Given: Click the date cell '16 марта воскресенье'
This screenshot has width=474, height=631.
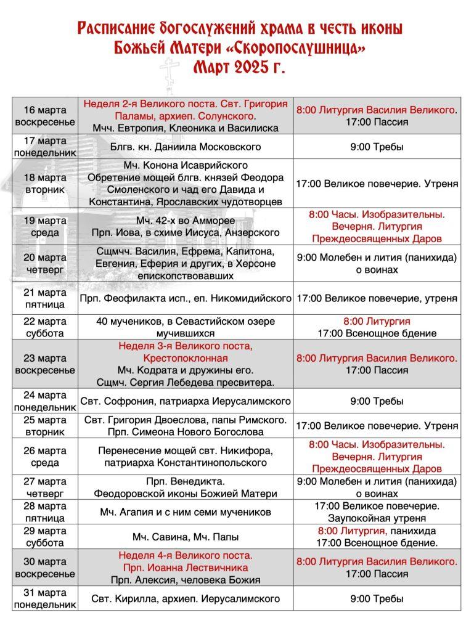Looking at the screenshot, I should point(45,115).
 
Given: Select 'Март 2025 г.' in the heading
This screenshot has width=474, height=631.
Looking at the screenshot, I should point(239,67).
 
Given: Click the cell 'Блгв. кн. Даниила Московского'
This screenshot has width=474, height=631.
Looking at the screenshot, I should point(185,147).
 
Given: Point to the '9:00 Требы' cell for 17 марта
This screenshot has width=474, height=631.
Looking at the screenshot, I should point(377,147).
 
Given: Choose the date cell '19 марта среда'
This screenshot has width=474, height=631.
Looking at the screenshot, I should point(45,226).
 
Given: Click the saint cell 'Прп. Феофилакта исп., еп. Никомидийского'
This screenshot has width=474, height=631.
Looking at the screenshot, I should point(185,298).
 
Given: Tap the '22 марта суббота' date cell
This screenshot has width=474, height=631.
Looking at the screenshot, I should point(45,327).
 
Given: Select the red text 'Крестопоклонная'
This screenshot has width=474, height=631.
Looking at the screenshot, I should point(185,358).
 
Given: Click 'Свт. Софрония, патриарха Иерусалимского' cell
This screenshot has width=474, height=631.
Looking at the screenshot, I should point(185,401).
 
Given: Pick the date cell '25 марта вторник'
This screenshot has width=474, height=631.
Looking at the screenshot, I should point(45,426).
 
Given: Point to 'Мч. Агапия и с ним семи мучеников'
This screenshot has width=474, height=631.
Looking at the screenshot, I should point(185,512).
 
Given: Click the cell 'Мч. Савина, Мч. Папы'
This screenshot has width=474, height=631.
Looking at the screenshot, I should point(185,537).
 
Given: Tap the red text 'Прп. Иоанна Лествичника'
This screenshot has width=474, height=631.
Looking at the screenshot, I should point(185,568).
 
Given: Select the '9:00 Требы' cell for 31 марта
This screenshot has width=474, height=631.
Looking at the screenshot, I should point(377,598).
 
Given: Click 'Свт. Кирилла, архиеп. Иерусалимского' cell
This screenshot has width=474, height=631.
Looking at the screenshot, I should point(185,598).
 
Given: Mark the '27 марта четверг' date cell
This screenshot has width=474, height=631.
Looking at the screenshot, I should point(45,487).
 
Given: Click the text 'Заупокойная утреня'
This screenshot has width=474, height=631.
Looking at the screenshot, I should point(377,518).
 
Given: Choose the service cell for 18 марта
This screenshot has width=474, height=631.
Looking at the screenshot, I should point(377,184).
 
